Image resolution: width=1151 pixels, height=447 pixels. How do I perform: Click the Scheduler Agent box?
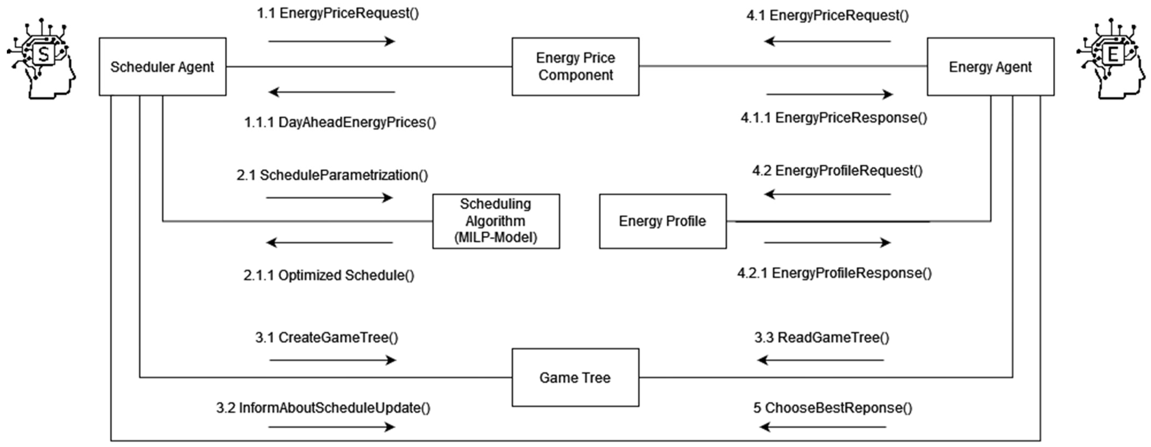(x=162, y=67)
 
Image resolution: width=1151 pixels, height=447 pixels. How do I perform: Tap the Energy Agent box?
(x=990, y=67)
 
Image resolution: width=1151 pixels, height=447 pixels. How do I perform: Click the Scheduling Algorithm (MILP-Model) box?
(x=496, y=221)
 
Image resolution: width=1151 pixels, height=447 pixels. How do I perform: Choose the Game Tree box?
(x=575, y=377)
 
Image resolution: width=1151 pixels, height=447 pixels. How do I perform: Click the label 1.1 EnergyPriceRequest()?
(x=338, y=13)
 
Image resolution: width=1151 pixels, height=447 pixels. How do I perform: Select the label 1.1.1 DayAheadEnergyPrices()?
(x=339, y=122)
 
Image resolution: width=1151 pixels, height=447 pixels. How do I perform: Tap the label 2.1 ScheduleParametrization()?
(x=332, y=175)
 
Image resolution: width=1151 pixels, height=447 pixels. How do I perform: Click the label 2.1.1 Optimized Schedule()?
(x=329, y=275)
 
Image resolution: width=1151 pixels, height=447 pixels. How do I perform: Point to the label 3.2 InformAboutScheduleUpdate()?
(x=323, y=408)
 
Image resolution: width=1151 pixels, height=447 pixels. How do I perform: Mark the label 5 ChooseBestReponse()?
(x=832, y=408)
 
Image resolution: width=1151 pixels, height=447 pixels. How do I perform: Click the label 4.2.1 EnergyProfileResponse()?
(x=834, y=273)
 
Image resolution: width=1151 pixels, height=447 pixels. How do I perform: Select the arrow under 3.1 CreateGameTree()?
(x=333, y=360)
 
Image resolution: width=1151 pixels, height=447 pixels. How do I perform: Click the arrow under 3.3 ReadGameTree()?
(x=820, y=360)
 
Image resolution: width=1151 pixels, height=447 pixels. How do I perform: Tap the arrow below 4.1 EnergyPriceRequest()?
(x=827, y=41)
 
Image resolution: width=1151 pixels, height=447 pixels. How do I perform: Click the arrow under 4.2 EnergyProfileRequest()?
(x=827, y=194)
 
